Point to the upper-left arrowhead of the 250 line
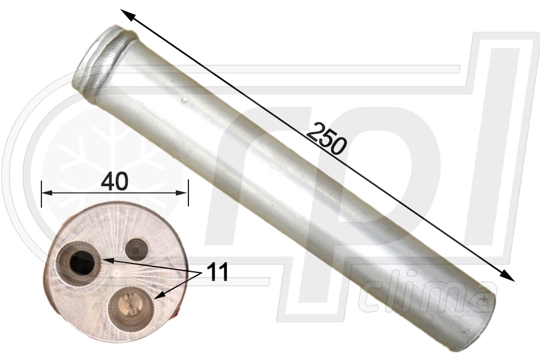(x=125, y=13)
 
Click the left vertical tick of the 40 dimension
(x=41, y=193)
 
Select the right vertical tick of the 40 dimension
(x=188, y=193)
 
